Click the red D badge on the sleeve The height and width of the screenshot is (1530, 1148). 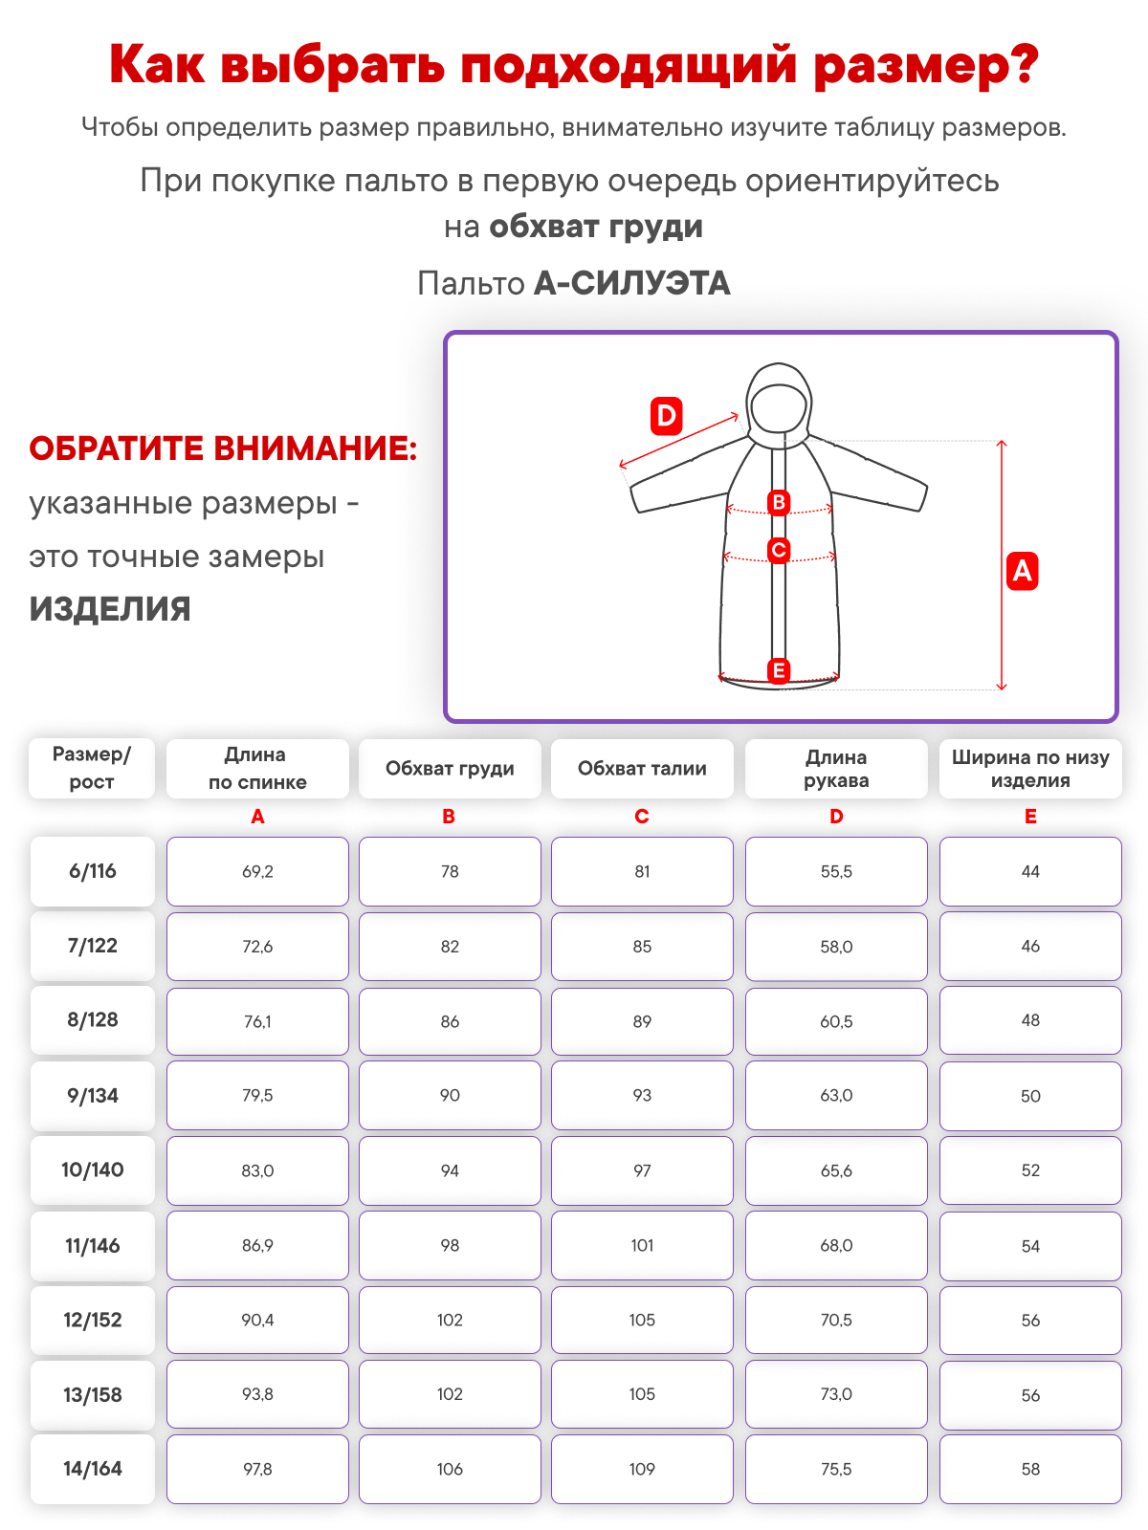tap(666, 416)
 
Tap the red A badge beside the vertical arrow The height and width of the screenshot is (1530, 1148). tap(1022, 571)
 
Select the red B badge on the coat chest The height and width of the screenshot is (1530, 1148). tap(779, 502)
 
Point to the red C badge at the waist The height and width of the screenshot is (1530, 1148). tap(779, 550)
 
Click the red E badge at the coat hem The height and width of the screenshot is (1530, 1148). tap(779, 669)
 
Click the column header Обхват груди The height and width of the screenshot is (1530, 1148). tap(450, 769)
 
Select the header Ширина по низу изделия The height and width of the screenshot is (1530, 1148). tap(1030, 769)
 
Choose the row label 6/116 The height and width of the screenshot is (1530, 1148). tap(93, 871)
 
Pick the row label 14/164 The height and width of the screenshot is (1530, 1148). tap(93, 1469)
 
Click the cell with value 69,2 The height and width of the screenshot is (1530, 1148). tap(257, 871)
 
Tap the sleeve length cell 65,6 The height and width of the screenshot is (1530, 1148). tap(836, 1170)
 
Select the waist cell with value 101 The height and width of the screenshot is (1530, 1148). tap(642, 1245)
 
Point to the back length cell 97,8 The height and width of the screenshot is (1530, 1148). tap(257, 1469)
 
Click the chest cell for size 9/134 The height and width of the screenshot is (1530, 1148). tap(450, 1095)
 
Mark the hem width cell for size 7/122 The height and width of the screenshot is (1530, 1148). tap(1030, 946)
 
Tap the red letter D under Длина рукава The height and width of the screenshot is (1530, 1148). tap(836, 817)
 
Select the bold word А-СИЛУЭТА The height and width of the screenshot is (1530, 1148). tap(631, 283)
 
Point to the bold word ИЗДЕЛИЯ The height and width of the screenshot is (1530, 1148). tap(110, 609)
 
